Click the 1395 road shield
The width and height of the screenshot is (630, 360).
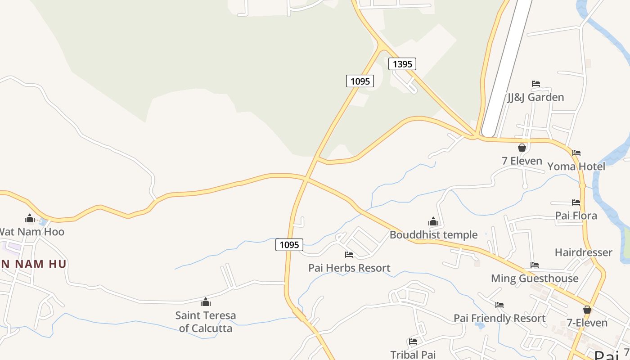pyautogui.click(x=402, y=64)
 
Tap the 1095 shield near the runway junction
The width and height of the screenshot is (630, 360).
pyautogui.click(x=360, y=81)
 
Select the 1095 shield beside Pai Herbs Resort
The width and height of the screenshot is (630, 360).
pyautogui.click(x=289, y=245)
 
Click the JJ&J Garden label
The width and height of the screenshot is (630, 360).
pyautogui.click(x=535, y=97)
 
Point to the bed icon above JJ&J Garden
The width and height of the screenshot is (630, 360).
pyautogui.click(x=535, y=84)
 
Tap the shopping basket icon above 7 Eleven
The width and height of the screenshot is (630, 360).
pyautogui.click(x=522, y=148)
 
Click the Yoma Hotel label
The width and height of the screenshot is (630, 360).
pyautogui.click(x=576, y=166)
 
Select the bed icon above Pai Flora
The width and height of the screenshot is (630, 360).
pyautogui.click(x=576, y=202)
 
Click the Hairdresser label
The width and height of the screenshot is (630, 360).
pyautogui.click(x=583, y=252)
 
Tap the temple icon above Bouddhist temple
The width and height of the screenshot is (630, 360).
pyautogui.click(x=433, y=221)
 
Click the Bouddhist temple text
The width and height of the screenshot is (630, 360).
pyautogui.click(x=433, y=234)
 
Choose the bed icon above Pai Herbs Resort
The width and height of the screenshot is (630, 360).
pyautogui.click(x=349, y=255)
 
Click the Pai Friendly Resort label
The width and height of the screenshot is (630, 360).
pyautogui.click(x=499, y=318)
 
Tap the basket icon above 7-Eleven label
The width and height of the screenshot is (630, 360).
pyautogui.click(x=587, y=310)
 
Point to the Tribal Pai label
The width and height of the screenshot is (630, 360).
pyautogui.click(x=413, y=355)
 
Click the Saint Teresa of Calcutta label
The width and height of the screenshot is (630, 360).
pyautogui.click(x=206, y=322)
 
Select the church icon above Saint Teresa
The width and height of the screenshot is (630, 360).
pyautogui.click(x=206, y=301)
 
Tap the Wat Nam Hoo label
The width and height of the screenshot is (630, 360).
pyautogui.click(x=31, y=232)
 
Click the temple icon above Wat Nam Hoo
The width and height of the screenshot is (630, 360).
pyautogui.click(x=30, y=219)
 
